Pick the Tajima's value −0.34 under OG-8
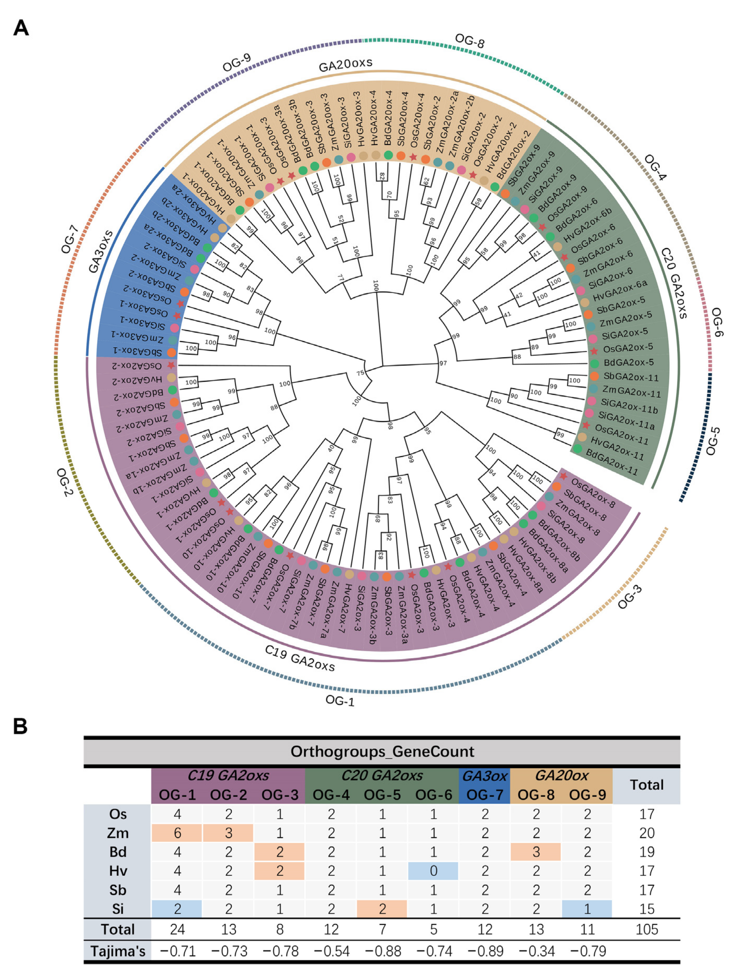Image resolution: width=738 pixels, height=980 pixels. pos(536,951)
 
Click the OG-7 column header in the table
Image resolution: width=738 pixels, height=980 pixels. pos(485,795)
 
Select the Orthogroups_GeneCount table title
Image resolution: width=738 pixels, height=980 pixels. pos(382,752)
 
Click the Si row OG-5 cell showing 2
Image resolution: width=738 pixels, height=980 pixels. pos(382,909)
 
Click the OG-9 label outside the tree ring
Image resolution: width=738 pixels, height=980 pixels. pos(237,63)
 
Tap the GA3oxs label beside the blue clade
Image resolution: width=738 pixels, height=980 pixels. pos(101,251)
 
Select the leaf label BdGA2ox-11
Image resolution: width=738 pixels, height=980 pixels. pos(611,462)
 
